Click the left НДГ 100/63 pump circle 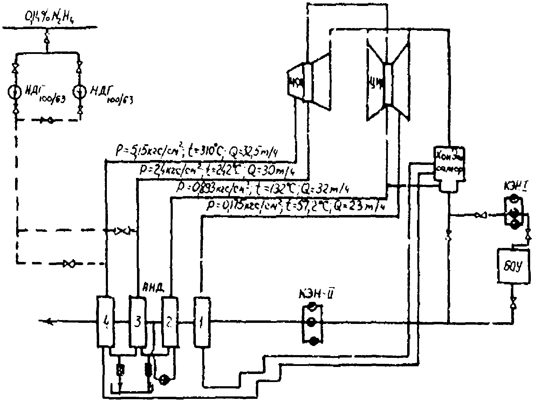pos(15,92)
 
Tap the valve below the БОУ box pos(512,301)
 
